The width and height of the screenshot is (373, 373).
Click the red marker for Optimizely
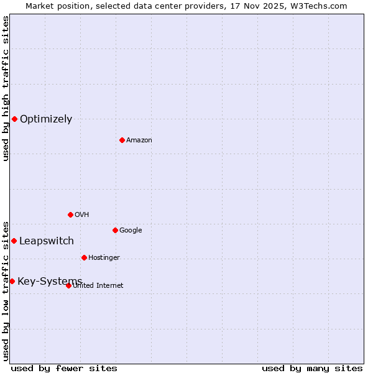pyautogui.click(x=14, y=119)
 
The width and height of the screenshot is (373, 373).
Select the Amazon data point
pyautogui.click(x=122, y=140)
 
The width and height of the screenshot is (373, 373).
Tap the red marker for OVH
pyautogui.click(x=70, y=214)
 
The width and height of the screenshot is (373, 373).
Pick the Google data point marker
pyautogui.click(x=115, y=230)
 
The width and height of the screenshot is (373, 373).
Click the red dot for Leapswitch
pyautogui.click(x=14, y=241)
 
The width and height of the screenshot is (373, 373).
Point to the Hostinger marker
pyautogui.click(x=84, y=257)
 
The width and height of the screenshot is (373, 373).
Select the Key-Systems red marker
pyautogui.click(x=12, y=281)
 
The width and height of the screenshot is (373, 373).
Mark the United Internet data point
pyautogui.click(x=68, y=285)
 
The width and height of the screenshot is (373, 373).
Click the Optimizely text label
pyautogui.click(x=46, y=119)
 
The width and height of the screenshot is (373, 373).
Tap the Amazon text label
pyautogui.click(x=139, y=140)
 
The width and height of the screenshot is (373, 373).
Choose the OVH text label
pyautogui.click(x=82, y=215)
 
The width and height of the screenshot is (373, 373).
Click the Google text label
pyautogui.click(x=131, y=231)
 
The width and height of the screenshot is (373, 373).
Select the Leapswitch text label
pyautogui.click(x=47, y=241)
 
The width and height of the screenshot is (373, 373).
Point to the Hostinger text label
pyautogui.click(x=104, y=258)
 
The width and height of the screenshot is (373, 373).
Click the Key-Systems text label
pyautogui.click(x=50, y=282)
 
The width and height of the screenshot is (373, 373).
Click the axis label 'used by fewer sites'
pyautogui.click(x=64, y=368)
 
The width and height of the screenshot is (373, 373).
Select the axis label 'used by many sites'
pyautogui.click(x=312, y=368)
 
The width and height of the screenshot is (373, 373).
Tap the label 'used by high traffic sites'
pyautogui.click(x=6, y=88)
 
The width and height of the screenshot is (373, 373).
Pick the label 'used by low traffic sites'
pyautogui.click(x=6, y=291)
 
